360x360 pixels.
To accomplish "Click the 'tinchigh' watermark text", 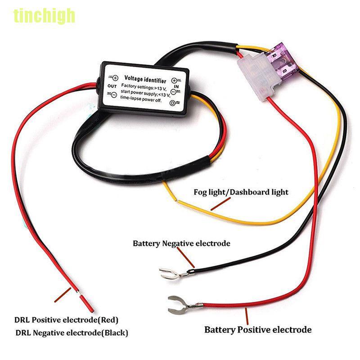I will coord(44,16).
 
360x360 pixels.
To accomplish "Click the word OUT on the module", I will coord(112,86).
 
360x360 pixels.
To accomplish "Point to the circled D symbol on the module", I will coord(173,103).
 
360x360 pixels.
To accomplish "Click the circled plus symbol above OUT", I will coord(115,77).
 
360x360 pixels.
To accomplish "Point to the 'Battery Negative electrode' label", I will coord(181,243).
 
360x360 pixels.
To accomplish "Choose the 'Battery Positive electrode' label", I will coord(258,330).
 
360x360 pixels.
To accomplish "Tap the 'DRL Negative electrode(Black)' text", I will coord(72,333).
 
